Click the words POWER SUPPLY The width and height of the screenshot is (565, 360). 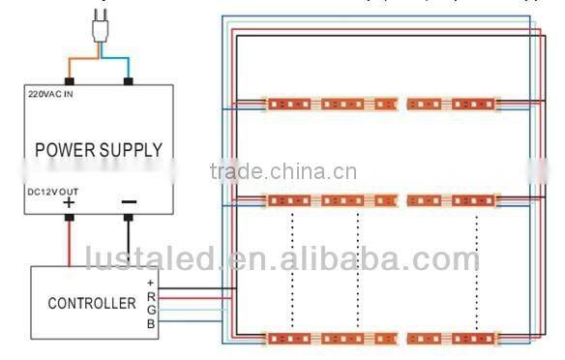pyautogui.click(x=99, y=150)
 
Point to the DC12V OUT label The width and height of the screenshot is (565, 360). pyautogui.click(x=54, y=193)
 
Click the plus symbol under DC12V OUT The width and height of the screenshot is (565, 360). pyautogui.click(x=69, y=204)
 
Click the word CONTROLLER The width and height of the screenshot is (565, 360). pyautogui.click(x=92, y=303)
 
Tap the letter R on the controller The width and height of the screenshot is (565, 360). pyautogui.click(x=150, y=296)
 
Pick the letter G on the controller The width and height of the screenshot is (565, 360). pyautogui.click(x=150, y=309)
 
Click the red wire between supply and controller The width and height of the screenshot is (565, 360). pyautogui.click(x=70, y=242)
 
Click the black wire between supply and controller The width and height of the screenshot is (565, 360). pyautogui.click(x=129, y=242)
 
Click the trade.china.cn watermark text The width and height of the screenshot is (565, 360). pyautogui.click(x=282, y=173)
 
